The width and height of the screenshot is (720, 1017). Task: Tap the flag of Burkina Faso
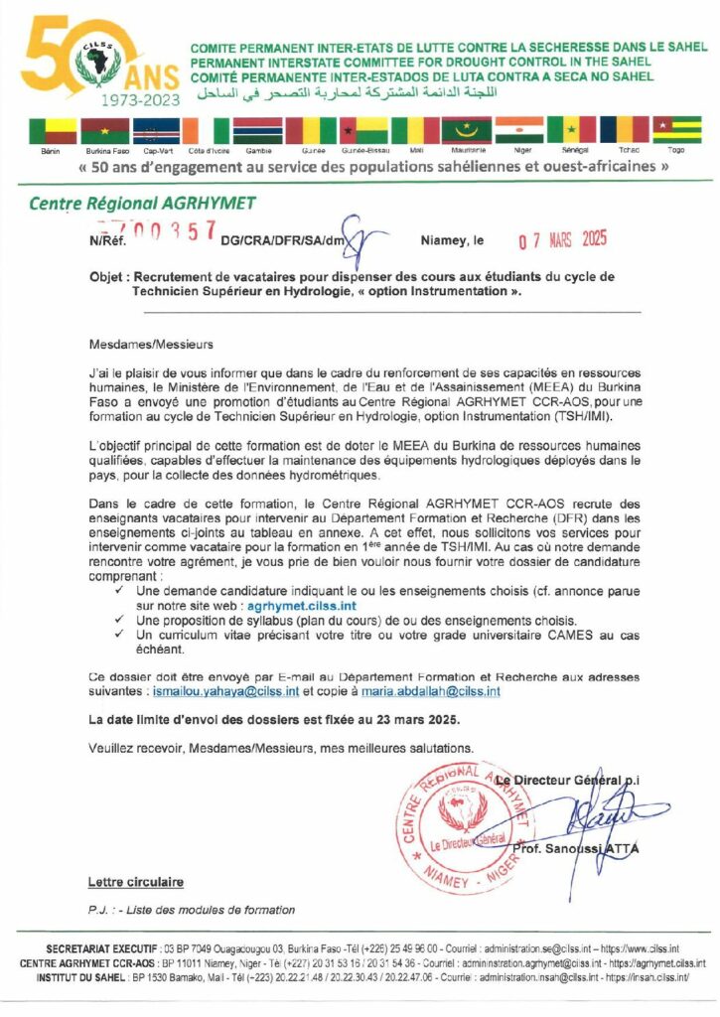point(107,131)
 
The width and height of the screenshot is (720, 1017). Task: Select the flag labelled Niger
point(518,131)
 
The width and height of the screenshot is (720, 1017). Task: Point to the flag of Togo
point(676,131)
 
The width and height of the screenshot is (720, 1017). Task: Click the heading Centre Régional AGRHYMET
point(142,204)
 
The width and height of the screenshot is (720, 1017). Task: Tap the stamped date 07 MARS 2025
point(563,240)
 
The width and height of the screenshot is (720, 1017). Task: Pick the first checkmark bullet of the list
point(119,591)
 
